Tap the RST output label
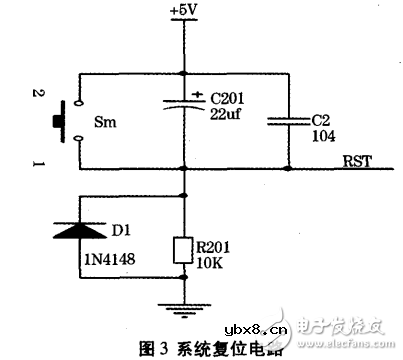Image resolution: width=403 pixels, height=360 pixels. pos(356,159)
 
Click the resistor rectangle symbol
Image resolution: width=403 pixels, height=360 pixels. pos(183,249)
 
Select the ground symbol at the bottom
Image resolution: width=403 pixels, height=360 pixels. pos(183,311)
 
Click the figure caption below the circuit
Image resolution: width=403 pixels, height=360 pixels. pos(207,348)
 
